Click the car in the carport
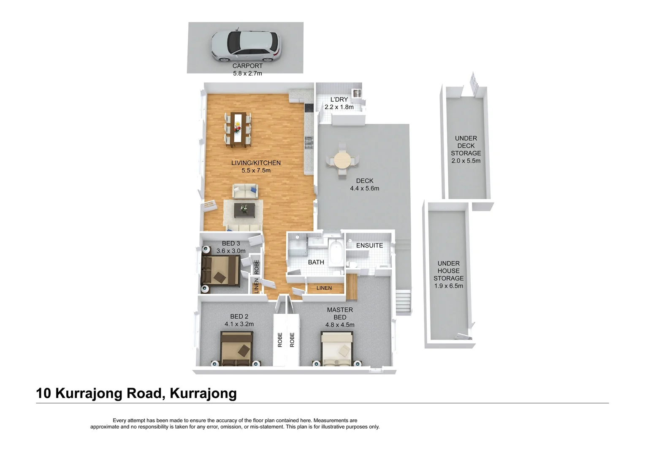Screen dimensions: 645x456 point(246,46)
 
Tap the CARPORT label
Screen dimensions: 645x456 point(248,66)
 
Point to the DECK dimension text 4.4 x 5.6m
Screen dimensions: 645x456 point(365,188)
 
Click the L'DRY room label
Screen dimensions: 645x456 point(339,99)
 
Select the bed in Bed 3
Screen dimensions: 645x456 point(221,270)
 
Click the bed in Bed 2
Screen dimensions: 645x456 point(237,349)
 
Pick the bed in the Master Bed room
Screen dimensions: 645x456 point(336,349)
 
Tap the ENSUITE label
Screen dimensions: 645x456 point(369,245)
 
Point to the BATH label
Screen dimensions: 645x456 point(316,262)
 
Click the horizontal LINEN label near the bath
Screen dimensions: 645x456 point(324,288)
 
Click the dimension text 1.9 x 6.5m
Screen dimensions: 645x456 point(449,286)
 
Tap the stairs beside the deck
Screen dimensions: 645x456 point(403,301)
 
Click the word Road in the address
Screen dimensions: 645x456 point(144,393)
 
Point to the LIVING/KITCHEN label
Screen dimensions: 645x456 point(256,163)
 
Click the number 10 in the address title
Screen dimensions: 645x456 point(43,393)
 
